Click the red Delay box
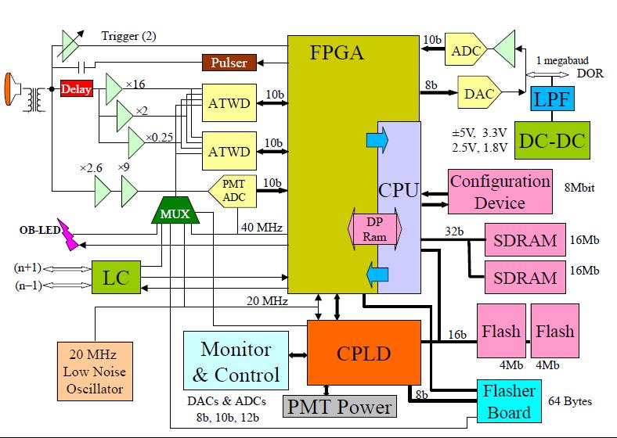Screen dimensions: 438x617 pyautogui.click(x=77, y=89)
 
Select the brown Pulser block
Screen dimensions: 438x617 pyautogui.click(x=228, y=63)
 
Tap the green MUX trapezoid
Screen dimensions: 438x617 pyautogui.click(x=175, y=213)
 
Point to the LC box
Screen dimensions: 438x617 pyautogui.click(x=115, y=276)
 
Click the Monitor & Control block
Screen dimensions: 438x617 pyautogui.click(x=236, y=361)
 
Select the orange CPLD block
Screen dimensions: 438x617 pyautogui.click(x=363, y=352)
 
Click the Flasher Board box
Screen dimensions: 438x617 pyautogui.click(x=509, y=401)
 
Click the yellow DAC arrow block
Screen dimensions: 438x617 pyautogui.click(x=479, y=93)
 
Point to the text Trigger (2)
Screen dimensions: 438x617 pyautogui.click(x=128, y=36)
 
